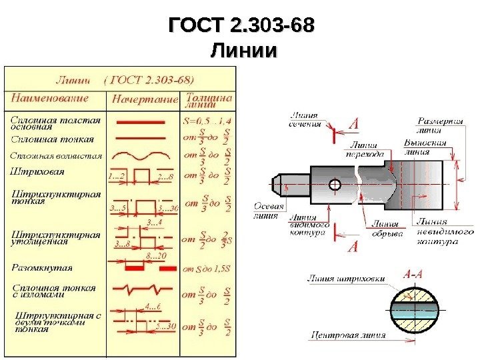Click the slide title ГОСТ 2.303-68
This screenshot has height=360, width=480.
[241, 27]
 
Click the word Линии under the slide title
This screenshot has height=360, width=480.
[241, 51]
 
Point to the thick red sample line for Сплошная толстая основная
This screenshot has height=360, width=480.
[141, 123]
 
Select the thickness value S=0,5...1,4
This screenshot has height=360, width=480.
[207, 121]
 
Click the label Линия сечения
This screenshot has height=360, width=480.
[304, 120]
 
